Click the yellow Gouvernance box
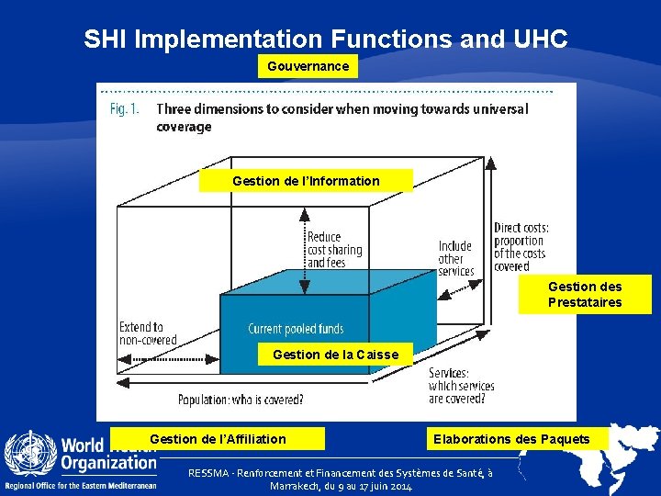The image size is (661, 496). [x=308, y=66]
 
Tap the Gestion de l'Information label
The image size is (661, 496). [x=306, y=181]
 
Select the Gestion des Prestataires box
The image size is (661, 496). [x=585, y=295]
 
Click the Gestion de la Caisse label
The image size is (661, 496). [x=335, y=355]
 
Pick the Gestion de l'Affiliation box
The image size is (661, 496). [x=218, y=439]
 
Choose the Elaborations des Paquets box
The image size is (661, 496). [x=511, y=439]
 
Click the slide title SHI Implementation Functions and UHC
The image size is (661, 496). [x=326, y=39]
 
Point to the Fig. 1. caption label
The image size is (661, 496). [x=124, y=108]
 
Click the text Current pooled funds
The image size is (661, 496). [x=296, y=329]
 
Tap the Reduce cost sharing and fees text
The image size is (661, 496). [x=334, y=250]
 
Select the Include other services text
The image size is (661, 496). [x=455, y=258]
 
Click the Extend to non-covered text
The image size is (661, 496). [x=147, y=333]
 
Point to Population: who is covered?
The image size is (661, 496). [x=241, y=400]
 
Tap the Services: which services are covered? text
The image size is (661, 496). [x=461, y=386]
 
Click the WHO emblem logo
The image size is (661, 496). [x=30, y=454]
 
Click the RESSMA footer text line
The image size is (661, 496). [x=340, y=479]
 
